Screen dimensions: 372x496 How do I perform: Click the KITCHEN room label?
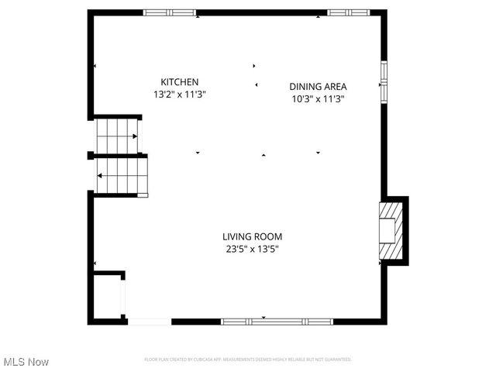tap(180, 82)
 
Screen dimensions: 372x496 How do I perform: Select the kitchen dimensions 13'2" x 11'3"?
tap(180, 95)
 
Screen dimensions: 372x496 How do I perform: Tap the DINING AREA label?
tap(318, 87)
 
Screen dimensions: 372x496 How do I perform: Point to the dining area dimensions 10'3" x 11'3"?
tap(318, 99)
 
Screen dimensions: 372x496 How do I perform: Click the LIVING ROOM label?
tap(252, 237)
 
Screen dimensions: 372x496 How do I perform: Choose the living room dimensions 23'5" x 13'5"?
tap(252, 250)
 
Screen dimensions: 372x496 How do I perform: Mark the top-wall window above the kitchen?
tap(170, 12)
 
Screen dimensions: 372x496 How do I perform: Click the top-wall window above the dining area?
tap(348, 12)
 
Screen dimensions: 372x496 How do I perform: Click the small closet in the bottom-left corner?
tap(107, 296)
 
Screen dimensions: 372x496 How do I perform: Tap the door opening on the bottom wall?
tap(149, 321)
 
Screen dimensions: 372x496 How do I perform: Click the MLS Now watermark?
tap(26, 362)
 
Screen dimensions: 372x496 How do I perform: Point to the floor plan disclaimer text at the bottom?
tap(248, 360)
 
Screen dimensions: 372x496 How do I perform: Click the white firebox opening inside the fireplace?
tap(385, 230)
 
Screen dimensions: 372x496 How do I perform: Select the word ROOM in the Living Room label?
tap(268, 237)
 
